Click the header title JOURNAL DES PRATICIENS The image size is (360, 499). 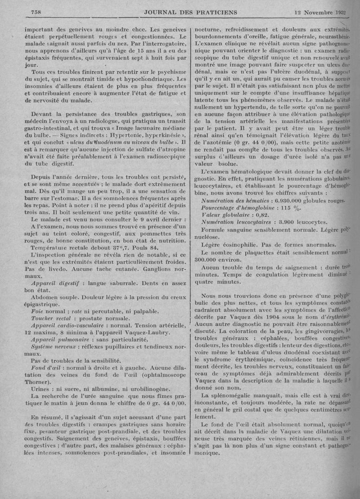(x=191, y=11)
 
